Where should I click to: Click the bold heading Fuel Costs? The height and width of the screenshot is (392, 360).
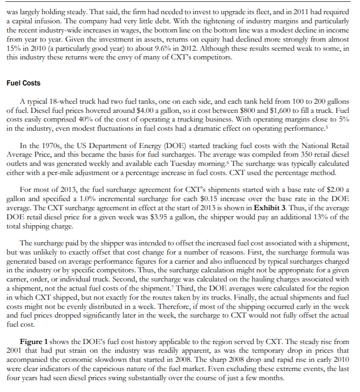pyautogui.click(x=24, y=83)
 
